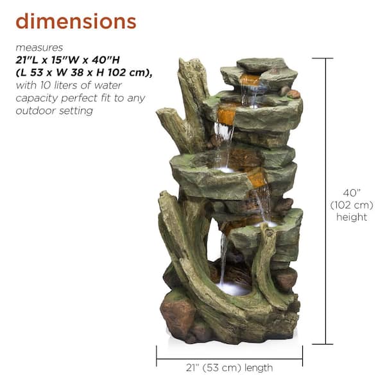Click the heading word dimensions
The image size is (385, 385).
click(x=76, y=21)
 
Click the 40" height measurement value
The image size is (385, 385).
click(x=351, y=192)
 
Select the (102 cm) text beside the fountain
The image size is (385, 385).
click(x=351, y=205)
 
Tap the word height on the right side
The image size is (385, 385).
click(x=352, y=218)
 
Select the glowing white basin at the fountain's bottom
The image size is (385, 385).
click(x=234, y=288)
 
